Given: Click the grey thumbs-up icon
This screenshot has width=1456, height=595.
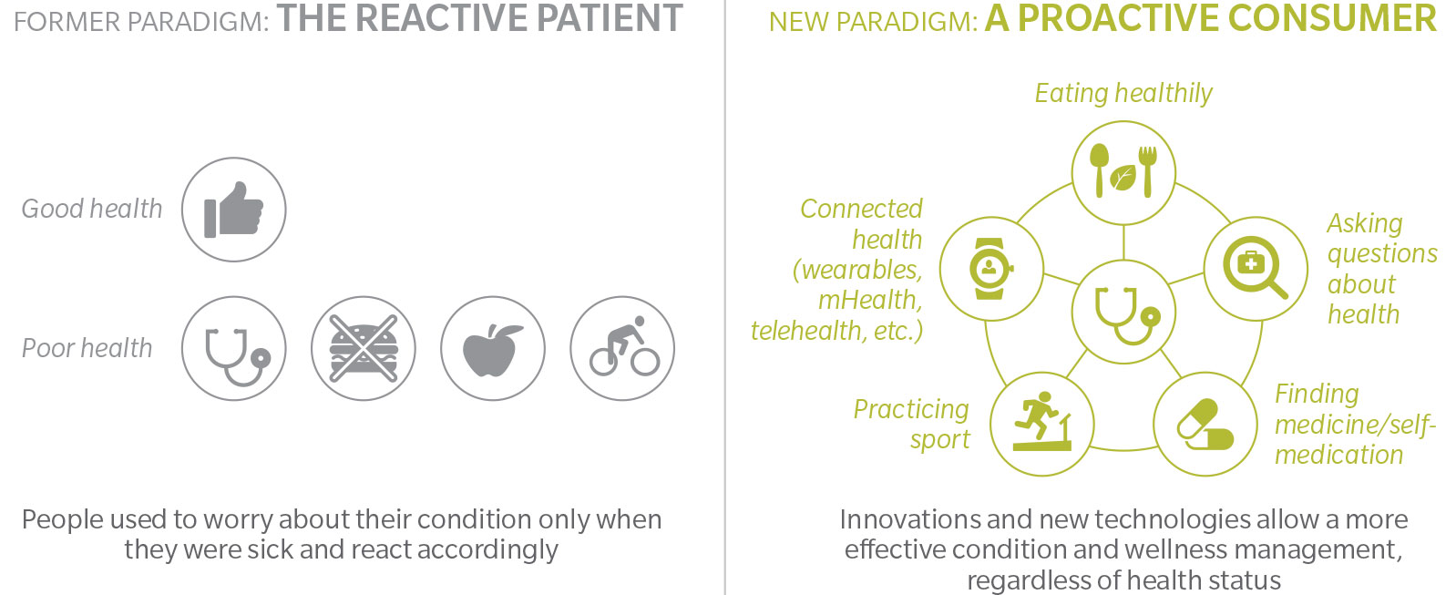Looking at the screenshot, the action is click(233, 210).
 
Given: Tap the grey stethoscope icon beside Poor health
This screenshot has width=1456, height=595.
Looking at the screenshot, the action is click(237, 356).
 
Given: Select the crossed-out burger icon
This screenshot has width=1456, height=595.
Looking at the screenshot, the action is click(364, 349).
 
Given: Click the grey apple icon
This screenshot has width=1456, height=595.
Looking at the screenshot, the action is click(492, 350).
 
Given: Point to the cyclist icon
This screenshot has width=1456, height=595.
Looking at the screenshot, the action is click(624, 346).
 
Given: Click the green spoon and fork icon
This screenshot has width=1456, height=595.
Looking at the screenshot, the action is click(1123, 170).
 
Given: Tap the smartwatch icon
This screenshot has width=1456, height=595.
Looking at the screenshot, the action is click(990, 269).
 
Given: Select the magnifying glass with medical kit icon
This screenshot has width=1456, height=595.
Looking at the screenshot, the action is click(1256, 267).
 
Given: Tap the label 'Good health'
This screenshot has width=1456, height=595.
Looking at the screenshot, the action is click(92, 209).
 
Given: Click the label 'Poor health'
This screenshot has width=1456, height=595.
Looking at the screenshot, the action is click(87, 348).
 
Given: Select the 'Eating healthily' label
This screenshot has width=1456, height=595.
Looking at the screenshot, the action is click(1123, 94).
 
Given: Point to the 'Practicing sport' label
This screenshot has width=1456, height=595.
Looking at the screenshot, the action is click(911, 424).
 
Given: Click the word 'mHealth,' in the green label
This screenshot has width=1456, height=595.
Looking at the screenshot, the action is click(870, 300).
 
